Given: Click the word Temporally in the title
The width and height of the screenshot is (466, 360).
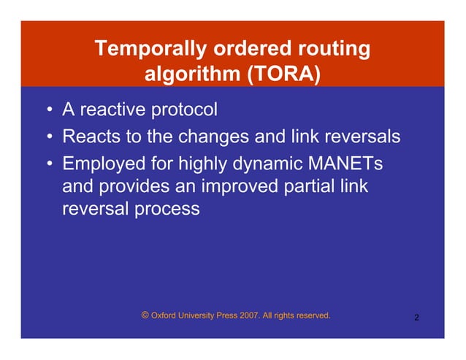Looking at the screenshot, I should click(x=149, y=50).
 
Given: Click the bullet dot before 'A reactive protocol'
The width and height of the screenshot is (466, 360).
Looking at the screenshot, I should click(x=47, y=112).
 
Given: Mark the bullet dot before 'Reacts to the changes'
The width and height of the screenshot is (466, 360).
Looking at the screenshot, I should click(x=47, y=137).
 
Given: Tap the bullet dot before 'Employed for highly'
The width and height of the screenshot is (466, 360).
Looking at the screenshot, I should click(x=47, y=163).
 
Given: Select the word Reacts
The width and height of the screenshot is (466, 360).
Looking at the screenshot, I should click(x=91, y=137).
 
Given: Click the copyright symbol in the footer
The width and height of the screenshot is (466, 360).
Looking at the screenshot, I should click(x=145, y=315).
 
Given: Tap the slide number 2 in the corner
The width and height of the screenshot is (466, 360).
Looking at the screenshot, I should click(x=416, y=318).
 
